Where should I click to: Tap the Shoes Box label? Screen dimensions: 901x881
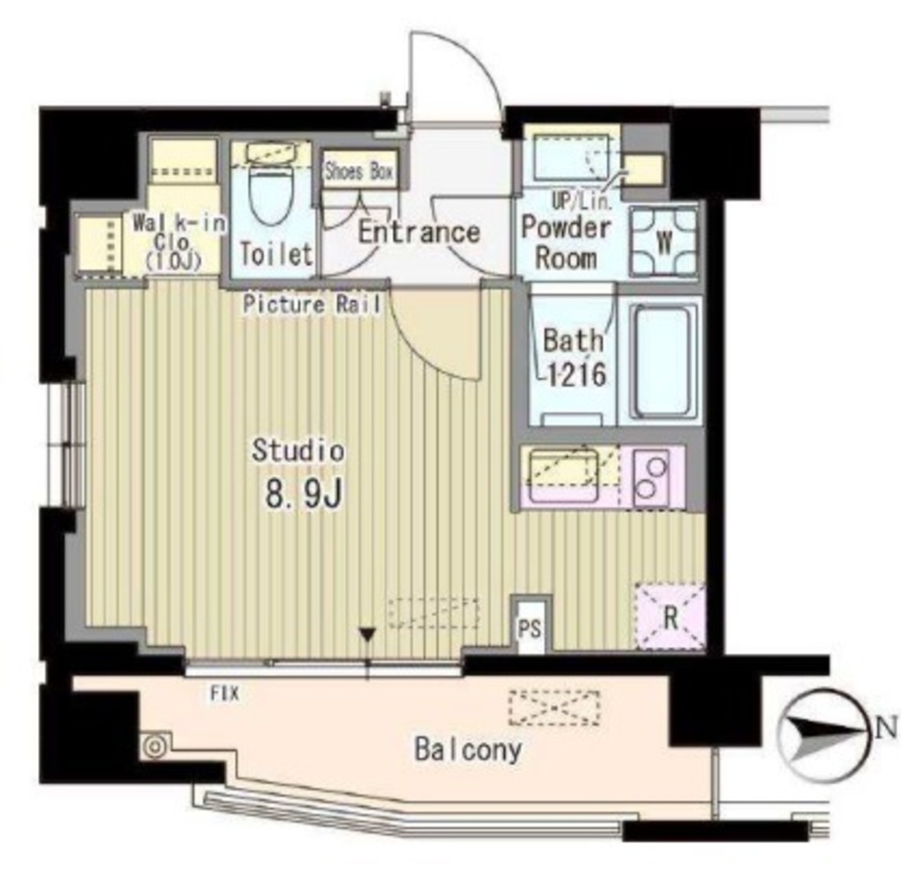pos(359,171)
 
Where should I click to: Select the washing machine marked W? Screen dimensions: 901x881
pos(663,243)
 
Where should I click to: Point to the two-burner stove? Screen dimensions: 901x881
pos(652,477)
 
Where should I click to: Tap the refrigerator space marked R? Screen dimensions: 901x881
pos(670,617)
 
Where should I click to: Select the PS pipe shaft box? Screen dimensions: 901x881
pos(531,627)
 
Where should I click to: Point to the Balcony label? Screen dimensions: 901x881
pos(468,750)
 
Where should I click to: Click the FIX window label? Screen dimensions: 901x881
pos(224,694)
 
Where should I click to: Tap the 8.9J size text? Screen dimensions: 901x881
pos(304,493)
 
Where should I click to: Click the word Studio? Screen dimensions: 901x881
pos(298,451)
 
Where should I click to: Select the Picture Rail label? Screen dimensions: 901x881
pos(312,304)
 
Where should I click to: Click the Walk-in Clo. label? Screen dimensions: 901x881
pos(175,242)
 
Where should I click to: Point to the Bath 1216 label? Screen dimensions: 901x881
pos(574,357)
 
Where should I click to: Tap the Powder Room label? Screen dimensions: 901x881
pos(566,243)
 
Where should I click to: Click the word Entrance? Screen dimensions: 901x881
pos(419,233)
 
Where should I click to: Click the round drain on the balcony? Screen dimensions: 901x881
pos(155,746)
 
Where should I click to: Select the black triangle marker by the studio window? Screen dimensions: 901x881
pos(367,635)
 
